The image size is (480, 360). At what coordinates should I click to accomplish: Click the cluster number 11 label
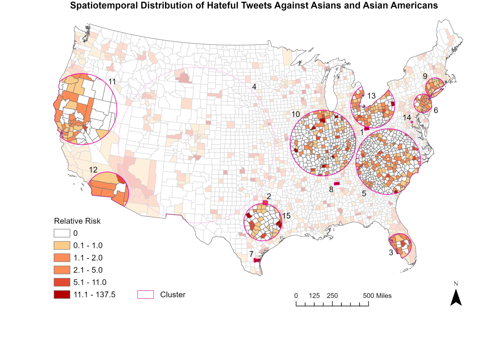tap(112, 82)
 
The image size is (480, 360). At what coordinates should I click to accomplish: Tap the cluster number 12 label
tap(93, 170)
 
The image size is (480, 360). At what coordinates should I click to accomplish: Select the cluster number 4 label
tap(254, 87)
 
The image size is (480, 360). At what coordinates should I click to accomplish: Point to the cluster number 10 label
tap(296, 114)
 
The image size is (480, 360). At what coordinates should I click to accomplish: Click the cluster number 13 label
tap(371, 96)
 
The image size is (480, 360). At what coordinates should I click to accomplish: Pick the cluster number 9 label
tap(425, 77)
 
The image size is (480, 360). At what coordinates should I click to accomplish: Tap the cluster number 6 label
tap(436, 110)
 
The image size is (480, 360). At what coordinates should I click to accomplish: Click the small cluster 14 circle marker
tap(412, 122)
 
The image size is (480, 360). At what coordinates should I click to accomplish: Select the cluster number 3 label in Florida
tap(391, 252)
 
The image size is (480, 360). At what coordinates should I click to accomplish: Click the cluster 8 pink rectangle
tap(337, 183)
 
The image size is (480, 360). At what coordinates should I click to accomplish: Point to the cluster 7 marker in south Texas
tap(257, 260)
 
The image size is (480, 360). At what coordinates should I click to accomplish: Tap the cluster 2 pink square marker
tap(265, 203)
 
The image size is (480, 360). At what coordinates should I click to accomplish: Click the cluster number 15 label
tap(286, 216)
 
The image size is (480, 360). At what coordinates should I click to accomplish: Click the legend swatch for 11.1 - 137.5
tap(62, 295)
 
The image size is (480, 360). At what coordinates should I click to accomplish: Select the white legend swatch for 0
tap(62, 233)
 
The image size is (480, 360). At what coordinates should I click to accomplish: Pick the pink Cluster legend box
tap(146, 295)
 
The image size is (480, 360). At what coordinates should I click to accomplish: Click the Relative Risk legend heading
tap(77, 221)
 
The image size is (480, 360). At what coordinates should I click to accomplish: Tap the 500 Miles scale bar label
tap(377, 296)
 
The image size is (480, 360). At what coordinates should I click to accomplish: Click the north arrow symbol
tap(456, 297)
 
